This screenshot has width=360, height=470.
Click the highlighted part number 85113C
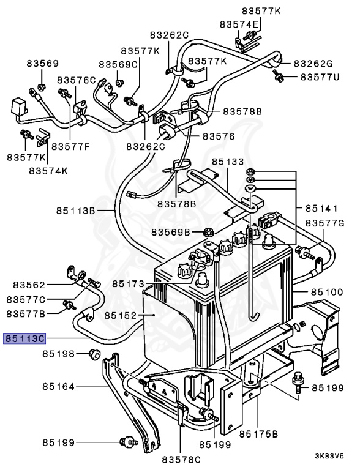tap(24, 337)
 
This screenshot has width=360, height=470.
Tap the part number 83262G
tap(313, 63)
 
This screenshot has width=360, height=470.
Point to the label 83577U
tap(319, 78)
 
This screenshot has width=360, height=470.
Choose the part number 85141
tap(321, 207)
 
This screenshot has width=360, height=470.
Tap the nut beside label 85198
tap(94, 353)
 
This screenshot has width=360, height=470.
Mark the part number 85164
tap(58, 386)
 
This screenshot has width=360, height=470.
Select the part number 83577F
tap(69, 146)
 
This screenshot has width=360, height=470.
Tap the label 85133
tap(228, 162)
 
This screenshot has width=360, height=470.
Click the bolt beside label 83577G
tap(302, 250)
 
